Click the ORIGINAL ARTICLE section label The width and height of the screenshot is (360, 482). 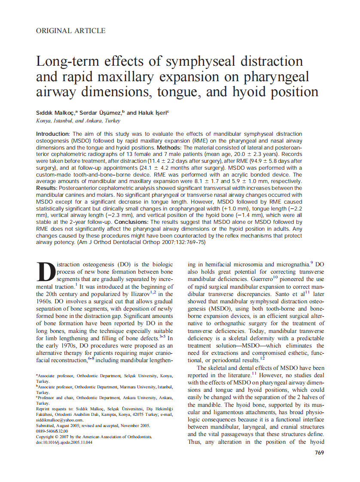tap(70, 31)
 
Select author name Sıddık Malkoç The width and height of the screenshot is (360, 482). tap(55, 113)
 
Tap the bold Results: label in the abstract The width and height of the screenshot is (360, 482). tap(48, 188)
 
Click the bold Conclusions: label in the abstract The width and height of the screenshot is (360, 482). tap(130, 222)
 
